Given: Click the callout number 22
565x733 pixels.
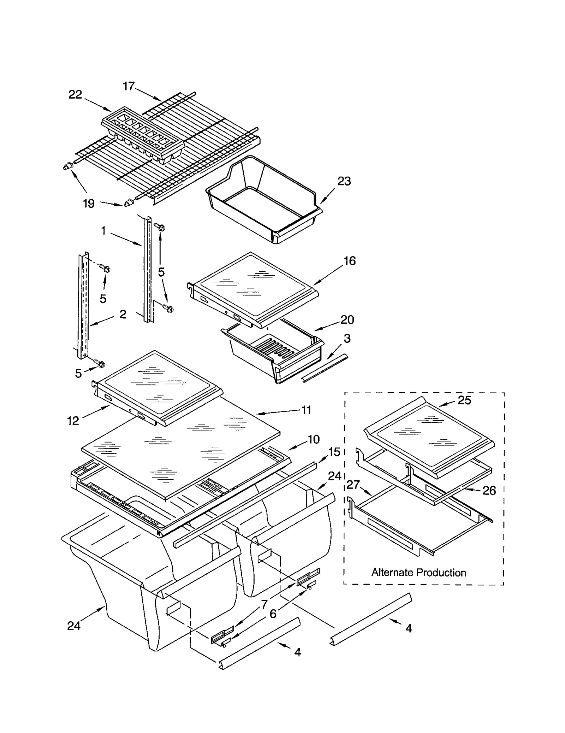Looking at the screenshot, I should (75, 94).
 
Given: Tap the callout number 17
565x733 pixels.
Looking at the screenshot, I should (129, 86).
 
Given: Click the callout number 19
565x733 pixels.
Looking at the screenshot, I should (89, 203).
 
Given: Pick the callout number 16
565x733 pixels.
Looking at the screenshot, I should (349, 261).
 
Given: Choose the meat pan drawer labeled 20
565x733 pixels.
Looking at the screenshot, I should (274, 353).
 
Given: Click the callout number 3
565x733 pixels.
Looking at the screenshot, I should (347, 338).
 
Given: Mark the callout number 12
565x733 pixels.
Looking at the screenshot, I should (73, 420).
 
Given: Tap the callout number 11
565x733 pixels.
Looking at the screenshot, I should (306, 410).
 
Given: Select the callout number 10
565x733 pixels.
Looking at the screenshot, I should (314, 439).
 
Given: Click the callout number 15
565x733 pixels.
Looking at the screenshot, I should (334, 452).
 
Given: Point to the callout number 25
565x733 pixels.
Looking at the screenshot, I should (464, 400).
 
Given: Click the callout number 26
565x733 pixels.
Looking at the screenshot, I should (489, 490).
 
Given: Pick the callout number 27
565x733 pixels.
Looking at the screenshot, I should (353, 485).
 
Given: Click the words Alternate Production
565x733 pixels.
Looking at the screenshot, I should (418, 572).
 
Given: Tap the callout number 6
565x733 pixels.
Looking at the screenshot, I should (273, 614).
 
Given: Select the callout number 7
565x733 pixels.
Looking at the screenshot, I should (264, 604).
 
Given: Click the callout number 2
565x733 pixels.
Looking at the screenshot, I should (123, 314).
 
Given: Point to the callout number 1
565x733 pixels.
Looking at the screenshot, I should (103, 231).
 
